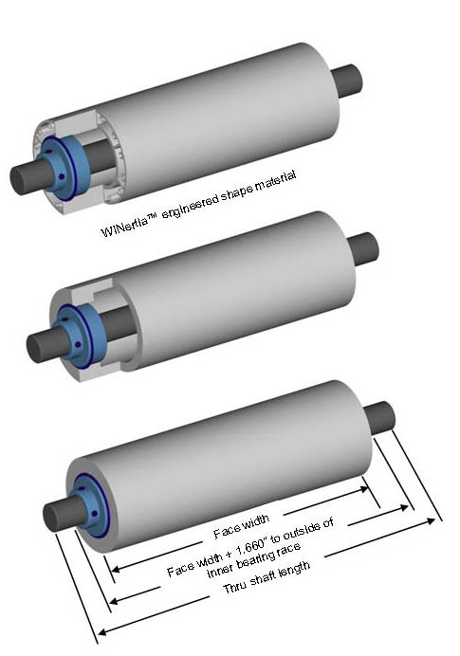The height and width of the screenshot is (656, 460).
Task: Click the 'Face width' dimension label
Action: pyautogui.click(x=242, y=526)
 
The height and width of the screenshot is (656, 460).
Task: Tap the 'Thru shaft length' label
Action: pyautogui.click(x=267, y=577)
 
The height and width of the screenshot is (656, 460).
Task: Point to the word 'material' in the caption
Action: pyautogui.click(x=276, y=181)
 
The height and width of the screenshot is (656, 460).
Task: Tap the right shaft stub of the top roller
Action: pyautogui.click(x=347, y=82)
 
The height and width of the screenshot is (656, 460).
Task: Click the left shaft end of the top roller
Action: pyautogui.click(x=25, y=176)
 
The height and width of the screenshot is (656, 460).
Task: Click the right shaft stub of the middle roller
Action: pyautogui.click(x=363, y=249)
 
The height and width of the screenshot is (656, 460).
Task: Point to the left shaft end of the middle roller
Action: pyautogui.click(x=42, y=345)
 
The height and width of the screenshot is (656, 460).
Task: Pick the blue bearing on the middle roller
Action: pyautogui.click(x=80, y=335)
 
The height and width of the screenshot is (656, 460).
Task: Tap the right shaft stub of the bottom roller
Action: pyautogui.click(x=380, y=418)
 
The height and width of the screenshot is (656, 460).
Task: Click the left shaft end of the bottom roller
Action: pyautogui.click(x=59, y=515)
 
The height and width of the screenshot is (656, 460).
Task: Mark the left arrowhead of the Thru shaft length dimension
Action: pyautogui.click(x=104, y=631)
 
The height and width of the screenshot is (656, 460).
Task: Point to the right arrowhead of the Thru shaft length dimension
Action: pyautogui.click(x=431, y=521)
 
